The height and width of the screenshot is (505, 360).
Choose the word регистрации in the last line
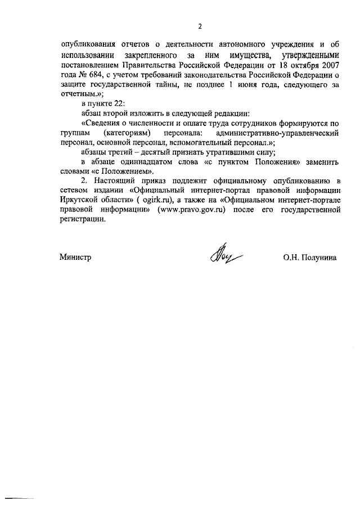point(82,220)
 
